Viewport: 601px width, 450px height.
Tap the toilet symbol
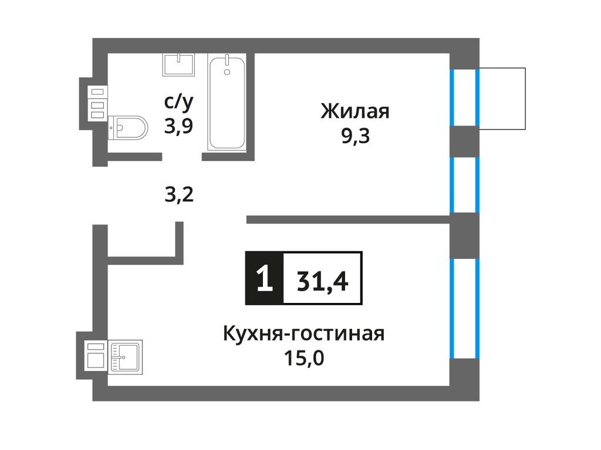tap(127, 125)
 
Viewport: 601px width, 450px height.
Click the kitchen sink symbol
tap(124, 356)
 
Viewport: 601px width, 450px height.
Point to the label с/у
tap(178, 103)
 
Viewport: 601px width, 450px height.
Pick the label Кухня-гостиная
tap(303, 334)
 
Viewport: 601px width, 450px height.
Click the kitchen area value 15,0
tap(303, 357)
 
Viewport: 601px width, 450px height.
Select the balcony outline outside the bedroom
tap(502, 98)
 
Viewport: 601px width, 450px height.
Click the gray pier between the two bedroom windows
tap(464, 141)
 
